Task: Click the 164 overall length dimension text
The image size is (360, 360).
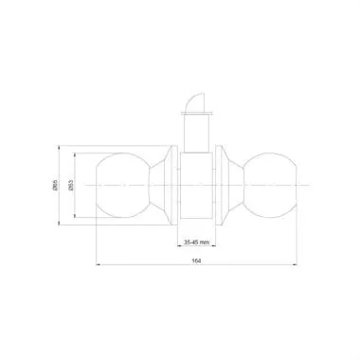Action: point(197,260)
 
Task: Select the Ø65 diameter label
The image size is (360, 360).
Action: point(57,186)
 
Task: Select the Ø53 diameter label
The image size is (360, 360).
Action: point(70,186)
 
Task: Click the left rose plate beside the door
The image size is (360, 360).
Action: point(171,186)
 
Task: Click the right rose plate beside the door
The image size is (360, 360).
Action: point(222,186)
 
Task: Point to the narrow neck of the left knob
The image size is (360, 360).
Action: point(155,186)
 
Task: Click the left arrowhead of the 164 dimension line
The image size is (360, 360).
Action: point(99,264)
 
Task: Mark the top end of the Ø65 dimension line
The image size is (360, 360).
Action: point(63,148)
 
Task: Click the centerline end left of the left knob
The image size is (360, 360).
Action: point(83,186)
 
